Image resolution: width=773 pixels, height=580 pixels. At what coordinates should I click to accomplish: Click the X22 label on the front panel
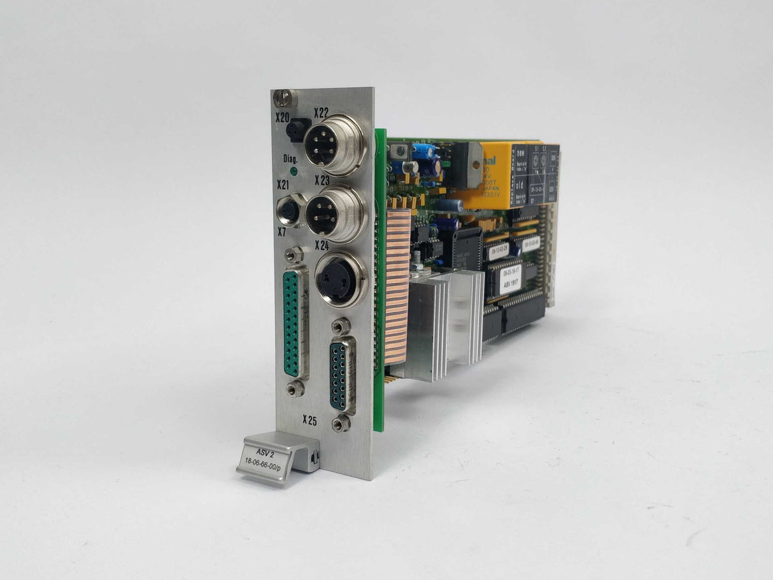pyautogui.click(x=321, y=113)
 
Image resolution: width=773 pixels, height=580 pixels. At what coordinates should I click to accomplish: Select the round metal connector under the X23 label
pyautogui.click(x=333, y=213)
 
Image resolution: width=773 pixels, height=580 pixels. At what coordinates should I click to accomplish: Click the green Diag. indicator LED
pyautogui.click(x=293, y=171)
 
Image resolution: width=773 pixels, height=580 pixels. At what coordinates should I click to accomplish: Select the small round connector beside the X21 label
pyautogui.click(x=290, y=209)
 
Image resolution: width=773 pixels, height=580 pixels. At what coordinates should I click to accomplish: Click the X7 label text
pyautogui.click(x=282, y=232)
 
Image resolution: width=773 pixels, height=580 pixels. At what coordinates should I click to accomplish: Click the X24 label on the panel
pyautogui.click(x=322, y=244)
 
